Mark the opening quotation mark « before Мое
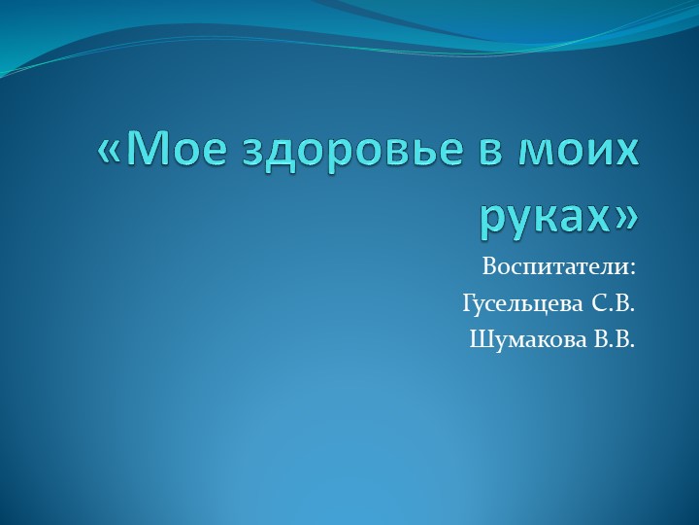pos(110,153)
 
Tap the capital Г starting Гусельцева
pos(468,304)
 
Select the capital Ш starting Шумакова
pos(478,340)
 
